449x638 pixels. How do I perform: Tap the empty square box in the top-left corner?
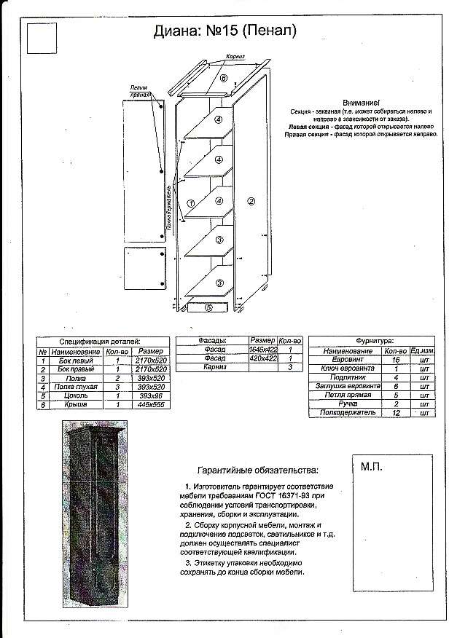(x=41, y=38)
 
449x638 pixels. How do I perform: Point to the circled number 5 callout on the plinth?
(x=208, y=307)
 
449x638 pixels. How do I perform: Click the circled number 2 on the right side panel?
(x=251, y=201)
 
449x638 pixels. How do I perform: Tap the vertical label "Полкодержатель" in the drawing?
(x=169, y=206)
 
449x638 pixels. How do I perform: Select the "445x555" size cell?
(x=149, y=404)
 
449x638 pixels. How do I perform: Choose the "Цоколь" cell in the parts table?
(x=76, y=395)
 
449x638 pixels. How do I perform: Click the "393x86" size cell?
(x=149, y=395)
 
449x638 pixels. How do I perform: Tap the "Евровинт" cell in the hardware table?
(x=343, y=361)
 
